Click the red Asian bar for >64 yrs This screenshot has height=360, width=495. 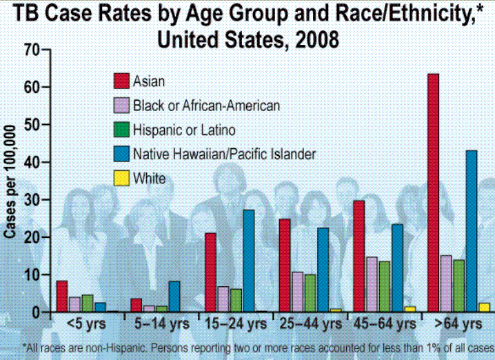433,192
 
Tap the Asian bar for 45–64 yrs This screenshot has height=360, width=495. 358,256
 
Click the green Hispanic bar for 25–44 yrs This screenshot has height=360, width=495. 310,293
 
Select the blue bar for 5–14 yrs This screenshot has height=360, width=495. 174,297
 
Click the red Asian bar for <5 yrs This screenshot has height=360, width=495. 62,297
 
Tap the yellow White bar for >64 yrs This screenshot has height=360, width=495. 484,308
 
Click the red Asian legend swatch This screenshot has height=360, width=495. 121,81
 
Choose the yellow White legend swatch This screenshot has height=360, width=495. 121,179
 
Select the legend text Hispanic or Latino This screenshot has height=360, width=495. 184,130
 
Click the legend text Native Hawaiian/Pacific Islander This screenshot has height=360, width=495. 225,154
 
